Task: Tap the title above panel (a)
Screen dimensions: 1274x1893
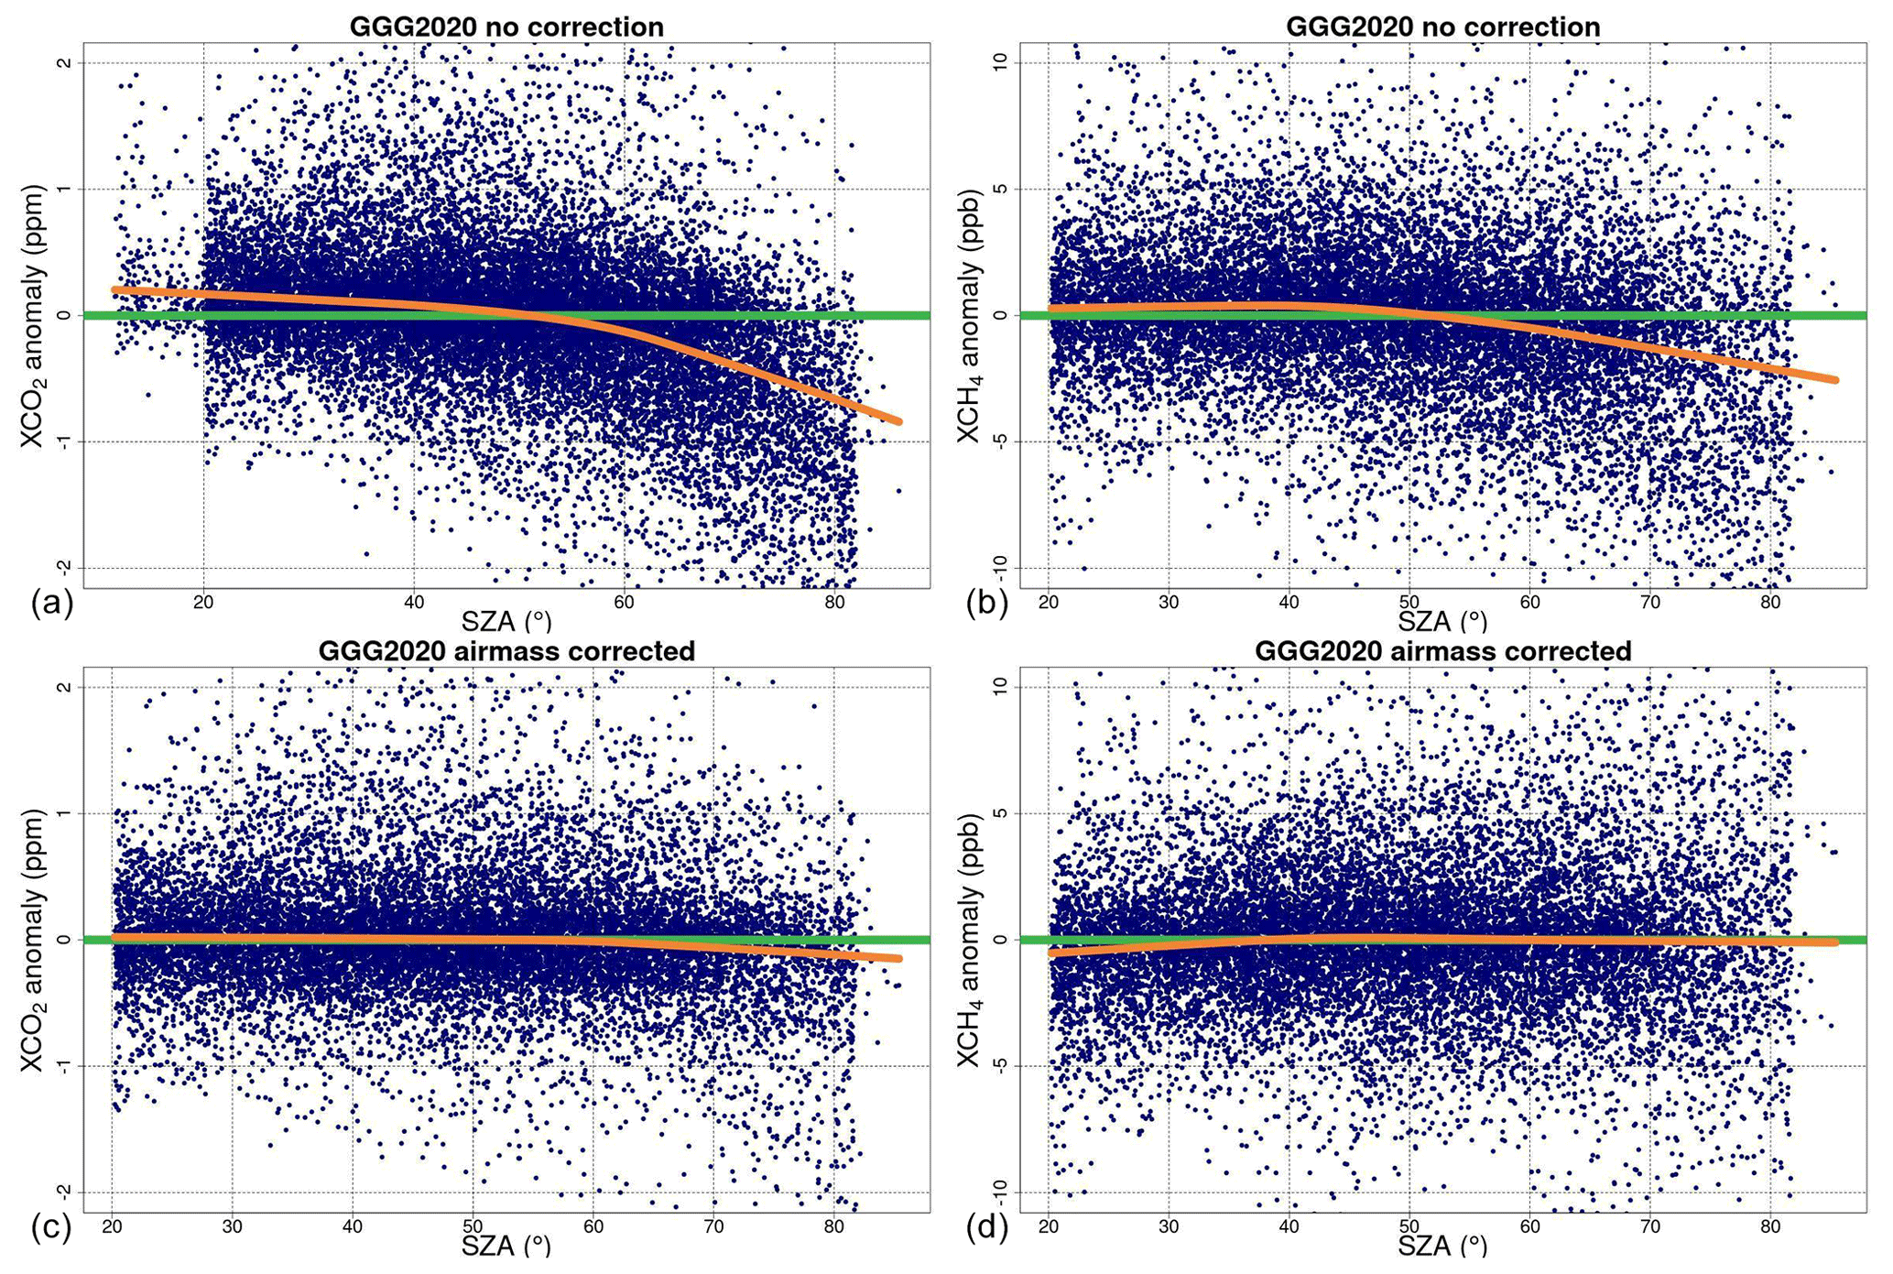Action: point(506,27)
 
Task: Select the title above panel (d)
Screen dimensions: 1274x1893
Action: point(1442,651)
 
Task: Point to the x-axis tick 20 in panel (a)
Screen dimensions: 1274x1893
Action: point(203,602)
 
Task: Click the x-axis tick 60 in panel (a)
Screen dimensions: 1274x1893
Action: point(624,602)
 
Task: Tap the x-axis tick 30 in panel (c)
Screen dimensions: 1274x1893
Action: point(232,1226)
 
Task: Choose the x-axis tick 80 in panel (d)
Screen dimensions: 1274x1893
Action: point(1769,1226)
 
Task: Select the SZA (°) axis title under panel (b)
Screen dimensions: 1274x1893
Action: point(1442,622)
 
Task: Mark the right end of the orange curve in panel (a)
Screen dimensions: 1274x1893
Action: point(899,421)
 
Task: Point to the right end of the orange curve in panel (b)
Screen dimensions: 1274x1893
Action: point(1834,379)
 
